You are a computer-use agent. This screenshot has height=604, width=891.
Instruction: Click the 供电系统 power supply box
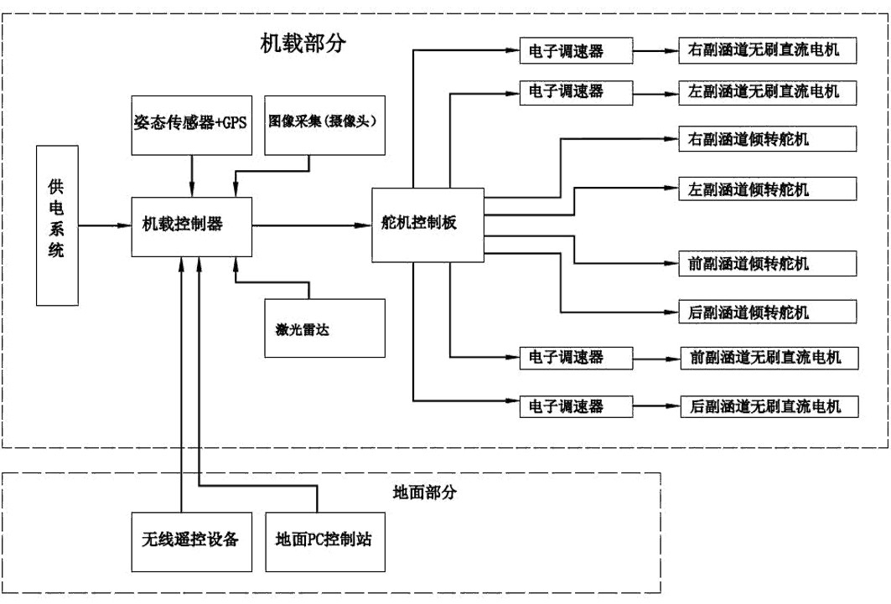[56, 225]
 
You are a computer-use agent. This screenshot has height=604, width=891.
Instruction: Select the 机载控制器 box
[191, 225]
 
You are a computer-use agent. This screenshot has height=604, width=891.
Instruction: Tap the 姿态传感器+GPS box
[191, 123]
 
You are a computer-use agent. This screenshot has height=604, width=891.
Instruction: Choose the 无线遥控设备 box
[191, 539]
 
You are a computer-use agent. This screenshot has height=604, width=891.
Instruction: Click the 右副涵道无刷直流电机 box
[767, 51]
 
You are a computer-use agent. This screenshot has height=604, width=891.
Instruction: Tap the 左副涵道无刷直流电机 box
[767, 90]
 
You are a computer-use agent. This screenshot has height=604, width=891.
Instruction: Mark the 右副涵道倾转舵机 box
[767, 138]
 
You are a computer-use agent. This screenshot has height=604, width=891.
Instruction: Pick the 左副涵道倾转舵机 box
[767, 188]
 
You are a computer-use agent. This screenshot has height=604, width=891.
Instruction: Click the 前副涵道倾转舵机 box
[767, 264]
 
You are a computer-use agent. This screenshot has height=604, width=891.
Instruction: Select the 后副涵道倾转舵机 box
[767, 312]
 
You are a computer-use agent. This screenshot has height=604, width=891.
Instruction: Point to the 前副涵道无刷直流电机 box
[767, 358]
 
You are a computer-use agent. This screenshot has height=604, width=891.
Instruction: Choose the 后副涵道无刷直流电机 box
[767, 406]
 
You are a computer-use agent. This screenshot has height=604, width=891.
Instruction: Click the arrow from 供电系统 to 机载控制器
[106, 225]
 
